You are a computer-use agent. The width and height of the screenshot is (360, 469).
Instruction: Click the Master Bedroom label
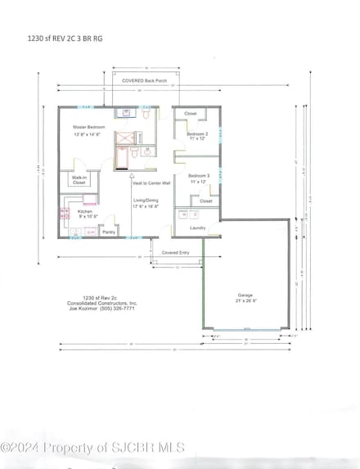(83, 127)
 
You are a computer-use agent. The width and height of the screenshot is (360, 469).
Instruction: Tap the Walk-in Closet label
(79, 180)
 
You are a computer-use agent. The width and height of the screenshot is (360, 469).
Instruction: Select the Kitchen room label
(86, 211)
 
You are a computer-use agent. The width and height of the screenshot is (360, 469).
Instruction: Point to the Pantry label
(108, 232)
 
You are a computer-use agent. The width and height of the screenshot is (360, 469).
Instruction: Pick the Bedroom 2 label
(197, 133)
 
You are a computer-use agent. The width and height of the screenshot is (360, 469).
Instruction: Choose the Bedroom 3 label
(199, 176)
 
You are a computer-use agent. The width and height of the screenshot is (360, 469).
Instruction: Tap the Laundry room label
(197, 228)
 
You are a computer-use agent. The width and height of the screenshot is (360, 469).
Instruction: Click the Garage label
(245, 295)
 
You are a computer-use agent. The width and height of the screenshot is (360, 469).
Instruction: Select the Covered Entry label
(176, 253)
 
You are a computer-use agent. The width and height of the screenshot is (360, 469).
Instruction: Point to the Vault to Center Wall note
(151, 183)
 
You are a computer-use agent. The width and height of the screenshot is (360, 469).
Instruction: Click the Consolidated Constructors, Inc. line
(102, 302)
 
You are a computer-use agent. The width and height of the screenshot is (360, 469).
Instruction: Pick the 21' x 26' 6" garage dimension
(245, 301)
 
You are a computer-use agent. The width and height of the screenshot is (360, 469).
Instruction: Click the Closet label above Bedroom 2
(191, 114)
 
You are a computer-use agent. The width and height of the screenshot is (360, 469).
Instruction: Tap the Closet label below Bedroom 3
(206, 201)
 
